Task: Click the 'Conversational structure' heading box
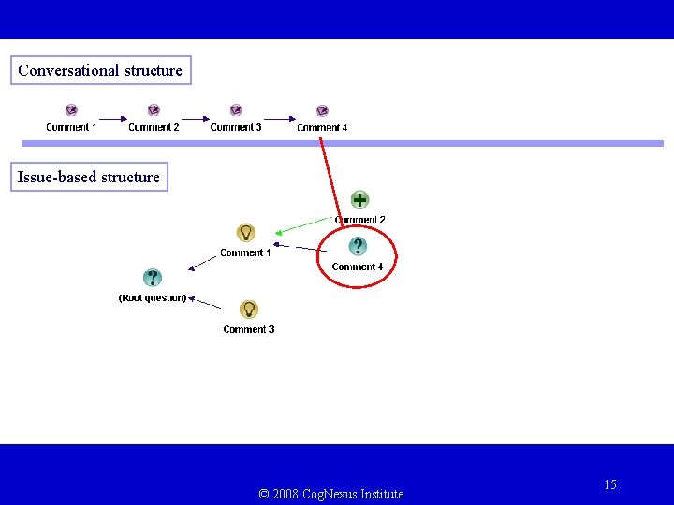(x=100, y=70)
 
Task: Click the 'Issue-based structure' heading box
(x=89, y=177)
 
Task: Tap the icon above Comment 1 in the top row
(x=72, y=110)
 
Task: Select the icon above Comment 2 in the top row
(x=154, y=110)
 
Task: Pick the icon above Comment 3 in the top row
(x=236, y=110)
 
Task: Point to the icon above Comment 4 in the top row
(x=322, y=111)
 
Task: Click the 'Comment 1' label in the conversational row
(x=71, y=127)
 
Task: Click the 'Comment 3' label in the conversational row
(x=236, y=127)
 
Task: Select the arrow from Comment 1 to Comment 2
(x=112, y=118)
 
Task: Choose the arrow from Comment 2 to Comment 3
(x=195, y=118)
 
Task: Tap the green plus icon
(x=359, y=199)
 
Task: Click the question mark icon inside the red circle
(x=358, y=246)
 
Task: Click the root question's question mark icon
(x=153, y=278)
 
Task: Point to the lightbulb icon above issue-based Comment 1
(x=245, y=233)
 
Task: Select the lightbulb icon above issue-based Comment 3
(x=249, y=310)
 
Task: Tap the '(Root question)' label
(x=153, y=297)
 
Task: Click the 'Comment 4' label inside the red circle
(x=358, y=267)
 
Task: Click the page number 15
(x=610, y=484)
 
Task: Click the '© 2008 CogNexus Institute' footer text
(x=331, y=494)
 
